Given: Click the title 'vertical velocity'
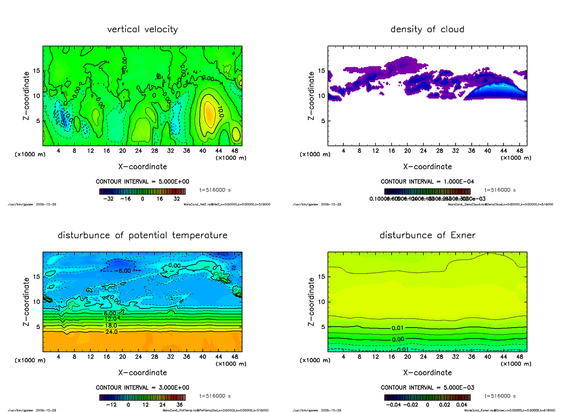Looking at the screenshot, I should [x=142, y=29].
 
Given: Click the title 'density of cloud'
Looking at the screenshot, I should [x=427, y=29].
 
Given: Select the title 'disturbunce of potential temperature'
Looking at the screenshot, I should [x=142, y=235].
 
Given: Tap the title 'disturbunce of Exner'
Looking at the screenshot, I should [x=427, y=235].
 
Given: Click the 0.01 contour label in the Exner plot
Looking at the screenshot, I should [x=398, y=328].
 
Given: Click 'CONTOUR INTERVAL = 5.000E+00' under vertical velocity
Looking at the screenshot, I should [x=143, y=182].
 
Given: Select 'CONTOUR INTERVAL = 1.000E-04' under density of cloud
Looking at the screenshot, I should [x=427, y=182].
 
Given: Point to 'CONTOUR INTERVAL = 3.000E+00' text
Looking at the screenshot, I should [x=143, y=387].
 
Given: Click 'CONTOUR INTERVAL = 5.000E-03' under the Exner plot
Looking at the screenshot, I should [x=427, y=387].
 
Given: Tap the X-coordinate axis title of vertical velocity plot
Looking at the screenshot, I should [x=142, y=167].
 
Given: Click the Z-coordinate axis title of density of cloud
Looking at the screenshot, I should [x=312, y=95].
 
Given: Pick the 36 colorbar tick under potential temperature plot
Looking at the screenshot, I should [x=180, y=405].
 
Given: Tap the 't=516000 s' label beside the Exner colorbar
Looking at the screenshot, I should [x=500, y=396].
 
